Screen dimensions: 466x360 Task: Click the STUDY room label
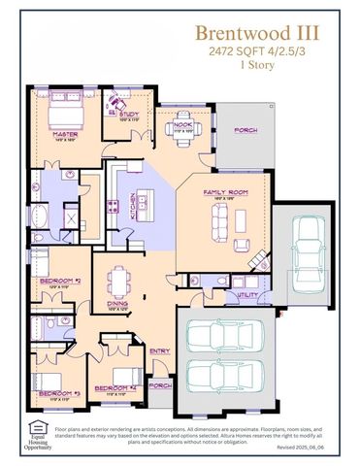point(130,115)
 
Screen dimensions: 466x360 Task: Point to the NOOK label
point(182,124)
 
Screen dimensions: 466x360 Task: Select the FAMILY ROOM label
point(225,193)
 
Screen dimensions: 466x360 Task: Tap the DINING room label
point(116,303)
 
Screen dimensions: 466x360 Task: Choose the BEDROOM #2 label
point(58,282)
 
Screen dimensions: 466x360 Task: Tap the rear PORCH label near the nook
point(244,129)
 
